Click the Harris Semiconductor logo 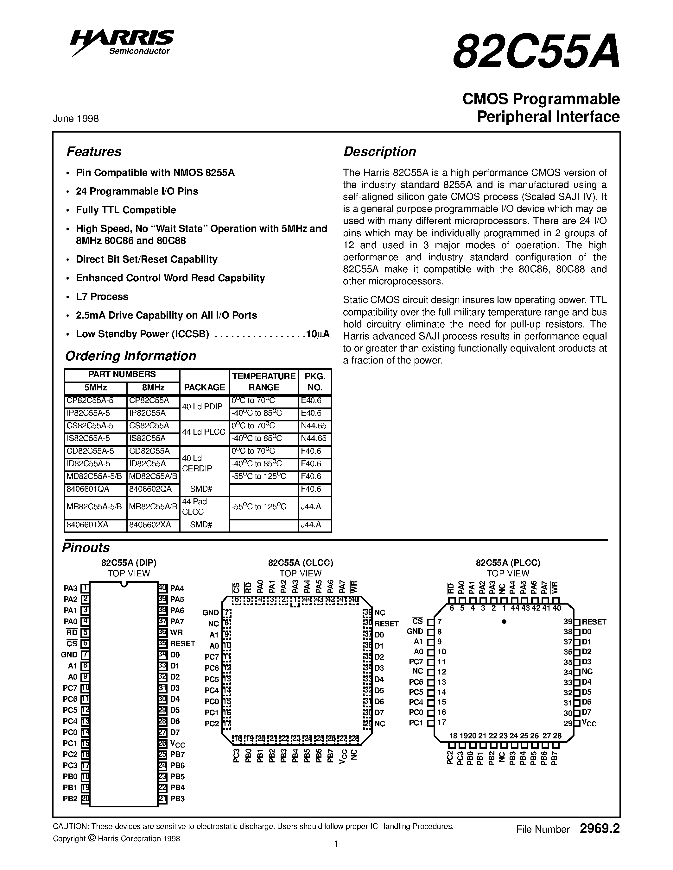click(x=122, y=42)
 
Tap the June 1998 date click(x=76, y=119)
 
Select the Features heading click(x=94, y=152)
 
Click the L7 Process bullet click(x=102, y=297)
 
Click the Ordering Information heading click(x=131, y=356)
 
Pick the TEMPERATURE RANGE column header click(x=263, y=382)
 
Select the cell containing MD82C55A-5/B click(x=95, y=476)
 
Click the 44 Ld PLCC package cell click(x=204, y=432)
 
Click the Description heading click(x=379, y=152)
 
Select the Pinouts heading click(x=86, y=548)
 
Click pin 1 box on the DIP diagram click(x=85, y=588)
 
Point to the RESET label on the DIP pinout click(x=182, y=644)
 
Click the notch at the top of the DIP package click(x=124, y=584)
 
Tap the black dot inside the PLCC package click(x=504, y=621)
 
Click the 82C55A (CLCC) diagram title click(x=300, y=563)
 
